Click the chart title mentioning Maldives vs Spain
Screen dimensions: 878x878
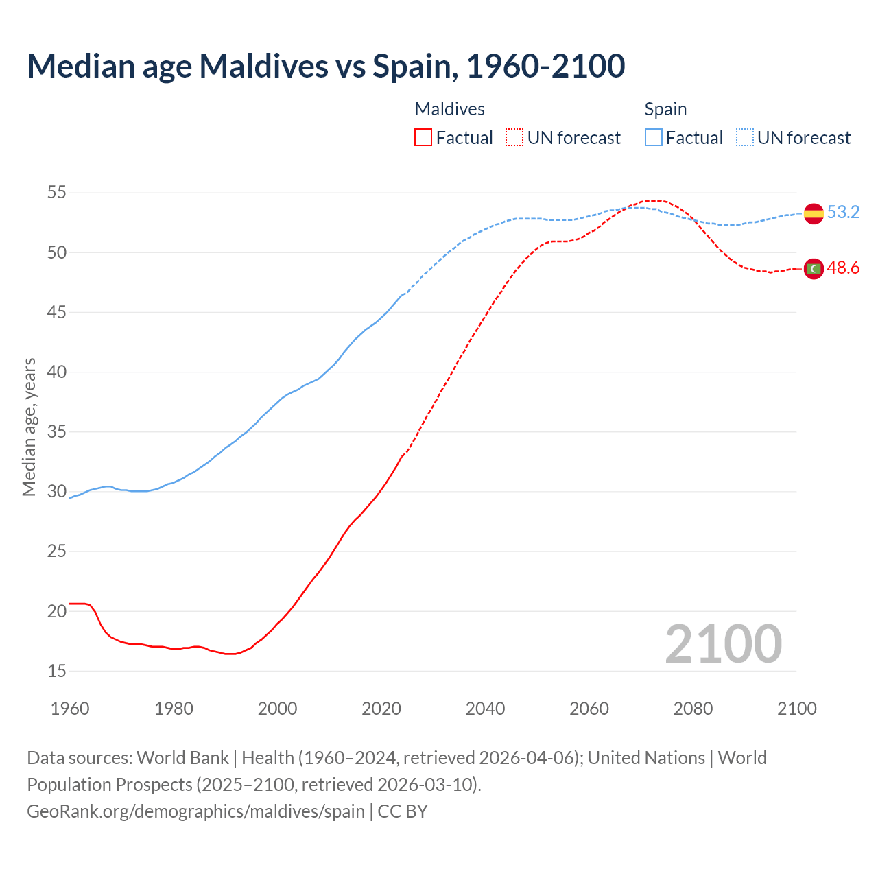click(x=326, y=66)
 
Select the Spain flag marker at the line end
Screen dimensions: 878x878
click(x=814, y=213)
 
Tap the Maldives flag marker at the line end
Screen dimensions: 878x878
click(x=814, y=269)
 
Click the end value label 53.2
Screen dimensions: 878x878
click(x=843, y=212)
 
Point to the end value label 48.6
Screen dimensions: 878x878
click(x=843, y=268)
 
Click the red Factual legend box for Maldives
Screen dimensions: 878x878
click(x=423, y=138)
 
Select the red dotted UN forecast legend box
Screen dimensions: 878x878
click(x=514, y=138)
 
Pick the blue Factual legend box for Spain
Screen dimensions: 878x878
click(x=654, y=138)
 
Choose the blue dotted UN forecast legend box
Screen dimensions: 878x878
click(x=745, y=138)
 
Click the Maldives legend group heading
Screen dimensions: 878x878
click(x=450, y=109)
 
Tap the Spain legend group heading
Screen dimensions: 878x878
click(x=665, y=109)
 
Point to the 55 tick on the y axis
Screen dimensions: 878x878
click(x=57, y=193)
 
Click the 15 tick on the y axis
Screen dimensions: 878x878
click(x=57, y=671)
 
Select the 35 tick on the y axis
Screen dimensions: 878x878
click(x=57, y=432)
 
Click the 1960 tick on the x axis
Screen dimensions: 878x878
click(x=70, y=709)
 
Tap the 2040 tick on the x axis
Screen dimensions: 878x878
click(x=485, y=709)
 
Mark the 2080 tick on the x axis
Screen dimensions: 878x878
click(x=693, y=709)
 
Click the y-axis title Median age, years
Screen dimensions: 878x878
click(x=29, y=427)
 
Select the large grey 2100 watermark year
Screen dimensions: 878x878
click(x=723, y=643)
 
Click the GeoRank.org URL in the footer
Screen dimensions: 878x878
click(x=195, y=811)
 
